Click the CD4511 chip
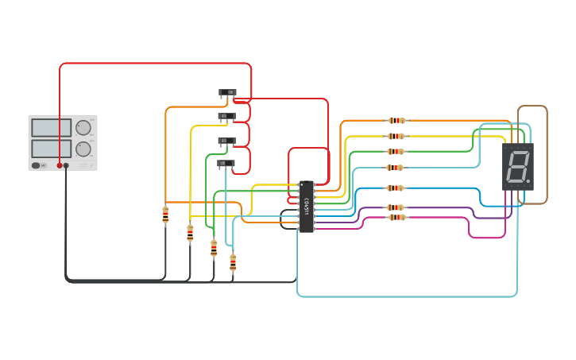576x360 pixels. [x=306, y=207]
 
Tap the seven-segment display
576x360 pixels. [x=517, y=166]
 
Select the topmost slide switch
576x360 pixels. [x=228, y=94]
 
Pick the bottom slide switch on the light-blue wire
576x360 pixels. [x=226, y=164]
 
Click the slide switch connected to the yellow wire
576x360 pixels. [x=227, y=117]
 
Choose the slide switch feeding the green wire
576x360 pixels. [x=227, y=141]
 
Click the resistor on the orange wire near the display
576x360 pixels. [x=396, y=121]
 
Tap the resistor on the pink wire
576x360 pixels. [x=396, y=217]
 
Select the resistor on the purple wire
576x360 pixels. [x=396, y=208]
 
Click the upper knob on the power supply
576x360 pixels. [x=83, y=127]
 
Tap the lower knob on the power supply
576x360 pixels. [x=83, y=149]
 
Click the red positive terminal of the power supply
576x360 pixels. [x=60, y=165]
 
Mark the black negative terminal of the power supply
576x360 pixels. [x=67, y=165]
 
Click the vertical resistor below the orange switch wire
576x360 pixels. [x=165, y=215]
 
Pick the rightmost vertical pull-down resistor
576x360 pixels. [x=233, y=262]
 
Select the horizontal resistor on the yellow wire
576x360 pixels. [x=396, y=136]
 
